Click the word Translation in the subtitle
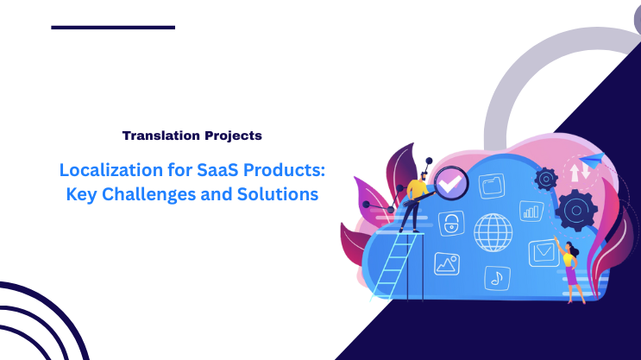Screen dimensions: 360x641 coord(155,136)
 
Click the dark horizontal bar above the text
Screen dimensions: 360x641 coord(113,28)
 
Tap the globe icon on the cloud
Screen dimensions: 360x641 coord(493,231)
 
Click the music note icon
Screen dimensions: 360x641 coord(495,277)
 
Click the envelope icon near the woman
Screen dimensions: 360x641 coord(544,252)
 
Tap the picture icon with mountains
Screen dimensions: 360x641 coord(447,262)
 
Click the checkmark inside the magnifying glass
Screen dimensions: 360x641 coord(450,183)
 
